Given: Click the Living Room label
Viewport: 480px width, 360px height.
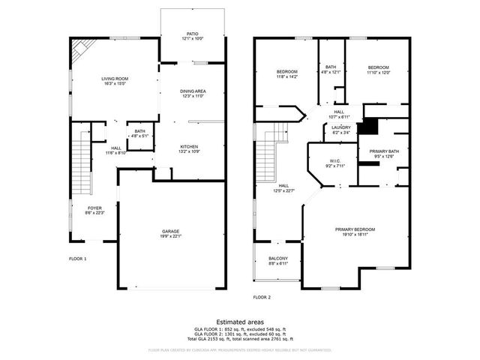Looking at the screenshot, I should [115, 81].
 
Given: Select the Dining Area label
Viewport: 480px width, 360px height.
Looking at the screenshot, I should [193, 94].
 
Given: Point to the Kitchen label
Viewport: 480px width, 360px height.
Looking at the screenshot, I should [190, 148].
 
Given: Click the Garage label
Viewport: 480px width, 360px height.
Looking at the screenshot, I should [172, 233].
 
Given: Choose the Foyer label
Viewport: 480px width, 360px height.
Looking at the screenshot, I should [94, 211].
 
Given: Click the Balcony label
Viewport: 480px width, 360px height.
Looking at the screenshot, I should [278, 260].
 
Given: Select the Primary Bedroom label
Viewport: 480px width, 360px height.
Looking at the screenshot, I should [355, 232].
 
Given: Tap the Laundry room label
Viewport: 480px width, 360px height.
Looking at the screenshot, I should [341, 130].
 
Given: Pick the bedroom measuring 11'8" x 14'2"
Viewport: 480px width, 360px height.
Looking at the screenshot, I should [287, 74].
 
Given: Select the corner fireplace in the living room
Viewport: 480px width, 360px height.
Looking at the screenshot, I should [79, 51].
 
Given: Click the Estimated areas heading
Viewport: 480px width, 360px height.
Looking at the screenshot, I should [240, 322].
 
